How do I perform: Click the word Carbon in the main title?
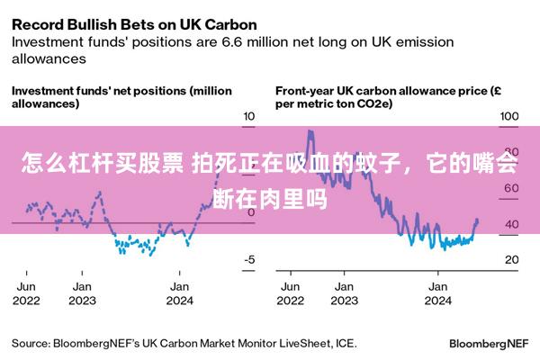point(230,25)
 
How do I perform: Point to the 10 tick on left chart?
point(249,116)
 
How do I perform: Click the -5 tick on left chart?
point(249,259)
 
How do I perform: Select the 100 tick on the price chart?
point(509,116)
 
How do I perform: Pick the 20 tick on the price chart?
point(512,259)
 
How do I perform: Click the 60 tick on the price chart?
point(511,188)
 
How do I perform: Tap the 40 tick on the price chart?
point(512,224)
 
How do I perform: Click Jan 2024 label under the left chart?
point(179,293)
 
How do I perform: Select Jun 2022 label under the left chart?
point(26,293)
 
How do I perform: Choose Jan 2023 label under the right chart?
point(344,293)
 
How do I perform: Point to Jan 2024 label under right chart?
point(437,293)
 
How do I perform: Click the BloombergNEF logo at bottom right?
point(489,344)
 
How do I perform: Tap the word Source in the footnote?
point(31,344)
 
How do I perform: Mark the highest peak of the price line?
point(310,130)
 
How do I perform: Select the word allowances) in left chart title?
point(46,103)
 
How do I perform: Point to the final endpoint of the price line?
point(477,220)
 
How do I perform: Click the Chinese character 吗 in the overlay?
point(317,200)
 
